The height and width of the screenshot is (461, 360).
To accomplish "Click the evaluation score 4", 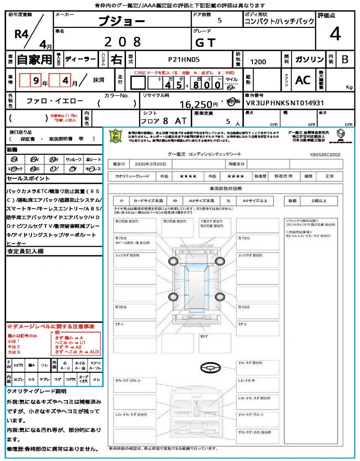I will (x=335, y=34).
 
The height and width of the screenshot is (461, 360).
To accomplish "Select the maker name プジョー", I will (x=122, y=21).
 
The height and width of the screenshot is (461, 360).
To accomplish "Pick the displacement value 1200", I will (x=258, y=62).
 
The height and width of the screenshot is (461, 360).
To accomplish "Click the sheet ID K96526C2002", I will (x=325, y=154).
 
